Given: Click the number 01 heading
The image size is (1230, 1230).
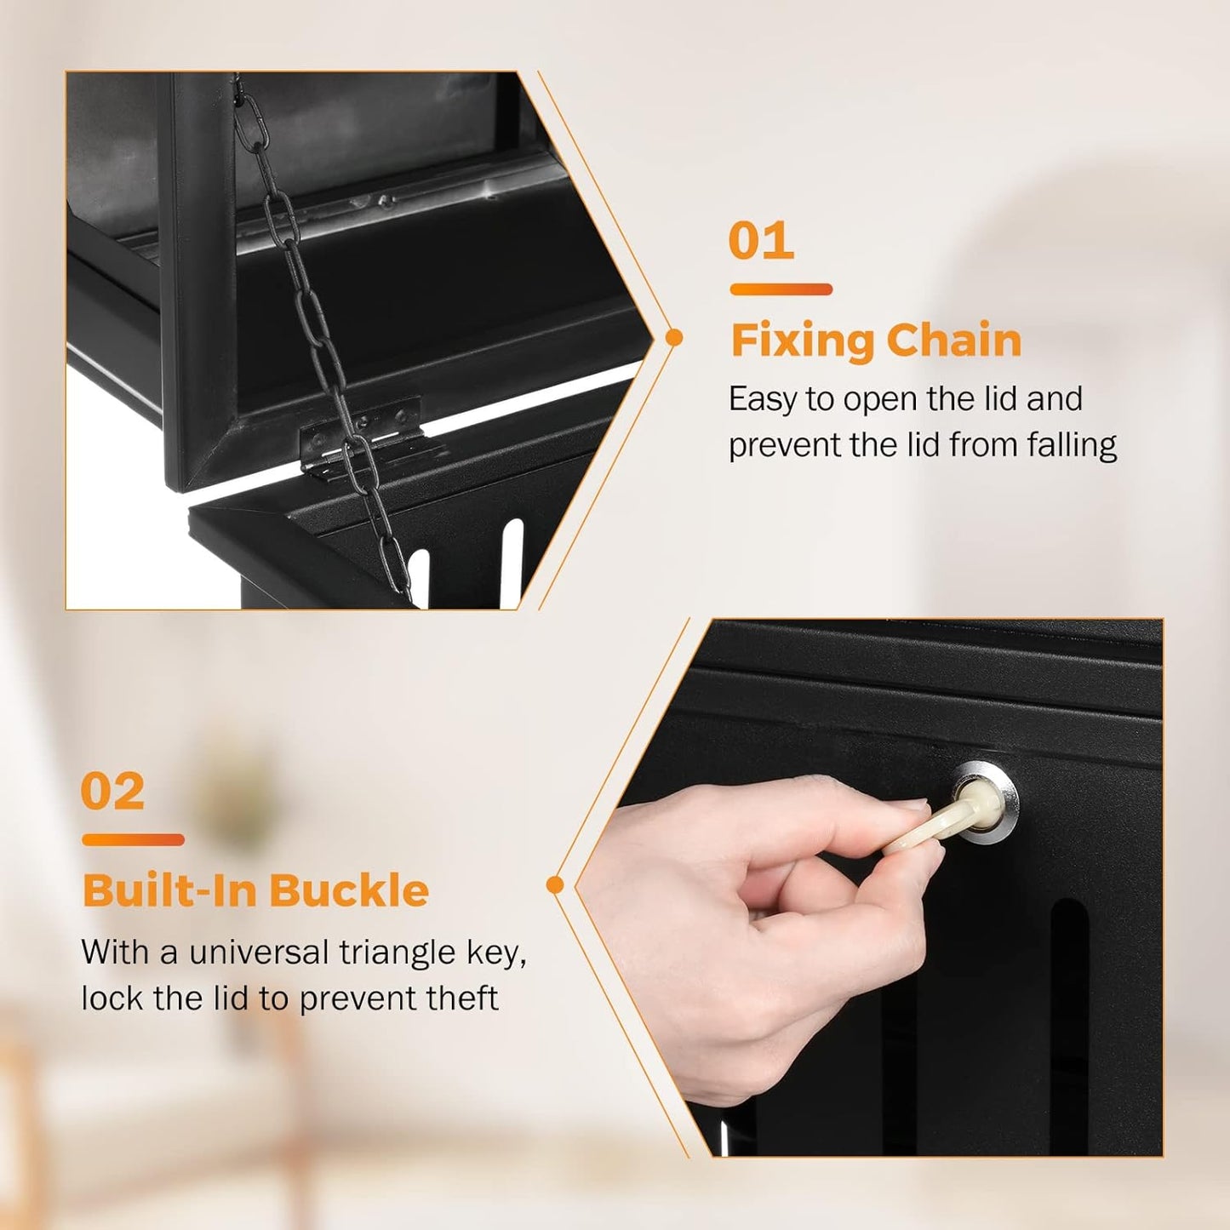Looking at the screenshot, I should click(x=761, y=242).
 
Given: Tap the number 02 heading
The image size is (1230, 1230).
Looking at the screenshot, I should click(x=112, y=792).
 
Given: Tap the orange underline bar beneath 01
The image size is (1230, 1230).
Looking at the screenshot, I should click(x=781, y=289).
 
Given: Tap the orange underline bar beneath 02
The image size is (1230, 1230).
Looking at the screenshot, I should click(x=133, y=840).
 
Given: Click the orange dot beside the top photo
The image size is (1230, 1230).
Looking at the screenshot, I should click(x=674, y=338).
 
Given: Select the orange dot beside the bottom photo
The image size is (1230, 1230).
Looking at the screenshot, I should click(x=555, y=885).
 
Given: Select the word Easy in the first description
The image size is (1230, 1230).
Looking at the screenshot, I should click(x=762, y=399).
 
